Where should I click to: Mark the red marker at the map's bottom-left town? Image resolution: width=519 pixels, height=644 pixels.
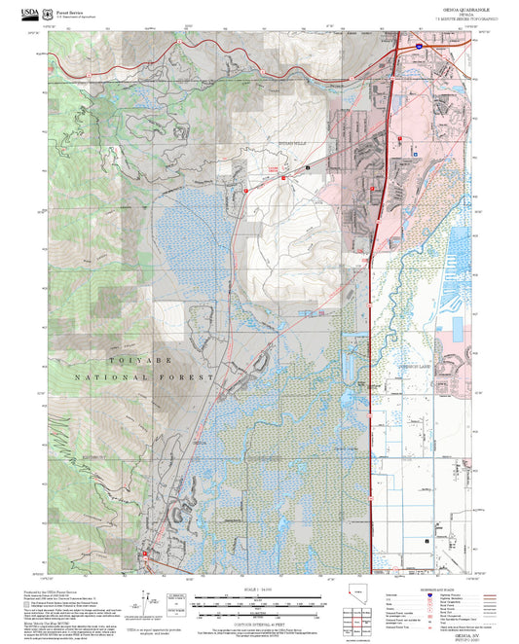(146, 555)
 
